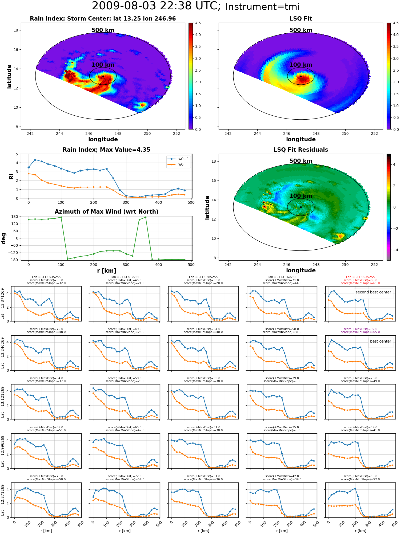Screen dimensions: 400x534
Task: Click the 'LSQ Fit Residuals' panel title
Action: click(301, 150)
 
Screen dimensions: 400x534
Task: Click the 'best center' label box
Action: click(381, 341)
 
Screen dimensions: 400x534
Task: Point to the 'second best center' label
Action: click(373, 292)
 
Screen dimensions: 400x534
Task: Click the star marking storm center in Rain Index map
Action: click(103, 76)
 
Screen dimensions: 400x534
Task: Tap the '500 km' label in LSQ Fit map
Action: click(301, 30)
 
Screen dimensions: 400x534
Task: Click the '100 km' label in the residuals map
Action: click(301, 196)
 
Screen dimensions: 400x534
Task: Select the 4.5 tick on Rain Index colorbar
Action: click(198, 23)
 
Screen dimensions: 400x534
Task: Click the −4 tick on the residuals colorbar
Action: click(394, 250)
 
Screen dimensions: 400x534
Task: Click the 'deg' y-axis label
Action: click(4, 238)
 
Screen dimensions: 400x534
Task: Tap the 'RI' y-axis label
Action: click(11, 176)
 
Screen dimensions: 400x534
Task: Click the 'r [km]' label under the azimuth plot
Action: click(107, 271)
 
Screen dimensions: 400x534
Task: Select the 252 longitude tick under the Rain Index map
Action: click(177, 133)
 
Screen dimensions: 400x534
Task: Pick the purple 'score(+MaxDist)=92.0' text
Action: click(360, 329)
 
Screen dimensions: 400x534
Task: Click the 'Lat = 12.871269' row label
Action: click(3, 500)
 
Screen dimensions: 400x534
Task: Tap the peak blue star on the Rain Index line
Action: click(35, 160)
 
